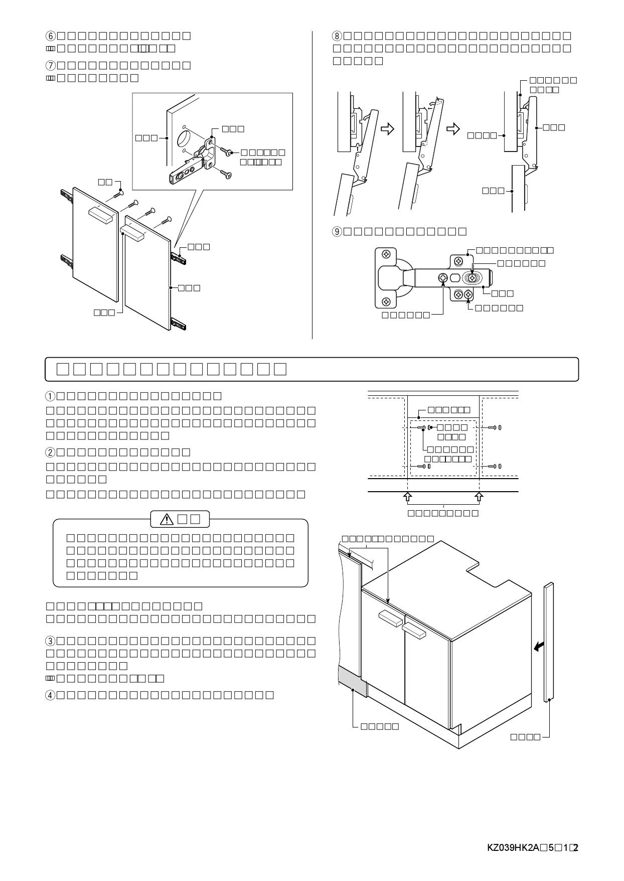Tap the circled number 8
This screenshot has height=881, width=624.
point(337,36)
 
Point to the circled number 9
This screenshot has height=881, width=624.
point(337,231)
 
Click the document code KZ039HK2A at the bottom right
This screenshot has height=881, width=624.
point(513,848)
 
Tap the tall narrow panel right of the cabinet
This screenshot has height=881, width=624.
point(549,642)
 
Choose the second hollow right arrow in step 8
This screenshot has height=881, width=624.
point(453,129)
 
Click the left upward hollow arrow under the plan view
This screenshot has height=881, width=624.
point(407,497)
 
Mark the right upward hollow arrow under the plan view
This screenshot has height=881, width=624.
point(480,497)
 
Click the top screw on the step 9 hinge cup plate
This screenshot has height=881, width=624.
point(386,254)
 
